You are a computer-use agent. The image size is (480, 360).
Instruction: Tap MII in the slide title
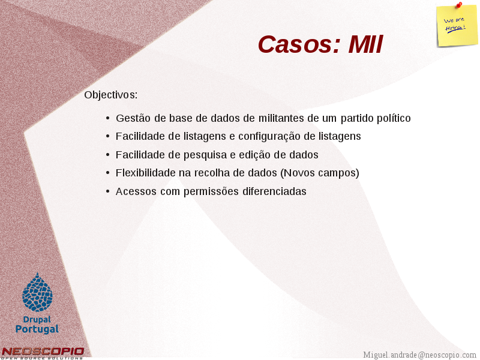click(x=365, y=44)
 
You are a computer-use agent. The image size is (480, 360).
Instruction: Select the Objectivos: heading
click(x=111, y=95)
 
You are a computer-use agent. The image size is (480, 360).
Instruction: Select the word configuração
click(x=269, y=136)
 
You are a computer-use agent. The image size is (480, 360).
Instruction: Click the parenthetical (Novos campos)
click(x=320, y=173)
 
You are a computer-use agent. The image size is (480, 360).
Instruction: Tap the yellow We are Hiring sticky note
click(x=457, y=26)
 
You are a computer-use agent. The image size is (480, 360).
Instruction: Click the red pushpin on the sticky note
click(x=459, y=4)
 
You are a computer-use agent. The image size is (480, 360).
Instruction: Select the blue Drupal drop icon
click(x=37, y=292)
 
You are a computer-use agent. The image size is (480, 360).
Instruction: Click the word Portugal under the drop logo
click(x=37, y=329)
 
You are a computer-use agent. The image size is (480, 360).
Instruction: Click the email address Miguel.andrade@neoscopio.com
click(x=419, y=355)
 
